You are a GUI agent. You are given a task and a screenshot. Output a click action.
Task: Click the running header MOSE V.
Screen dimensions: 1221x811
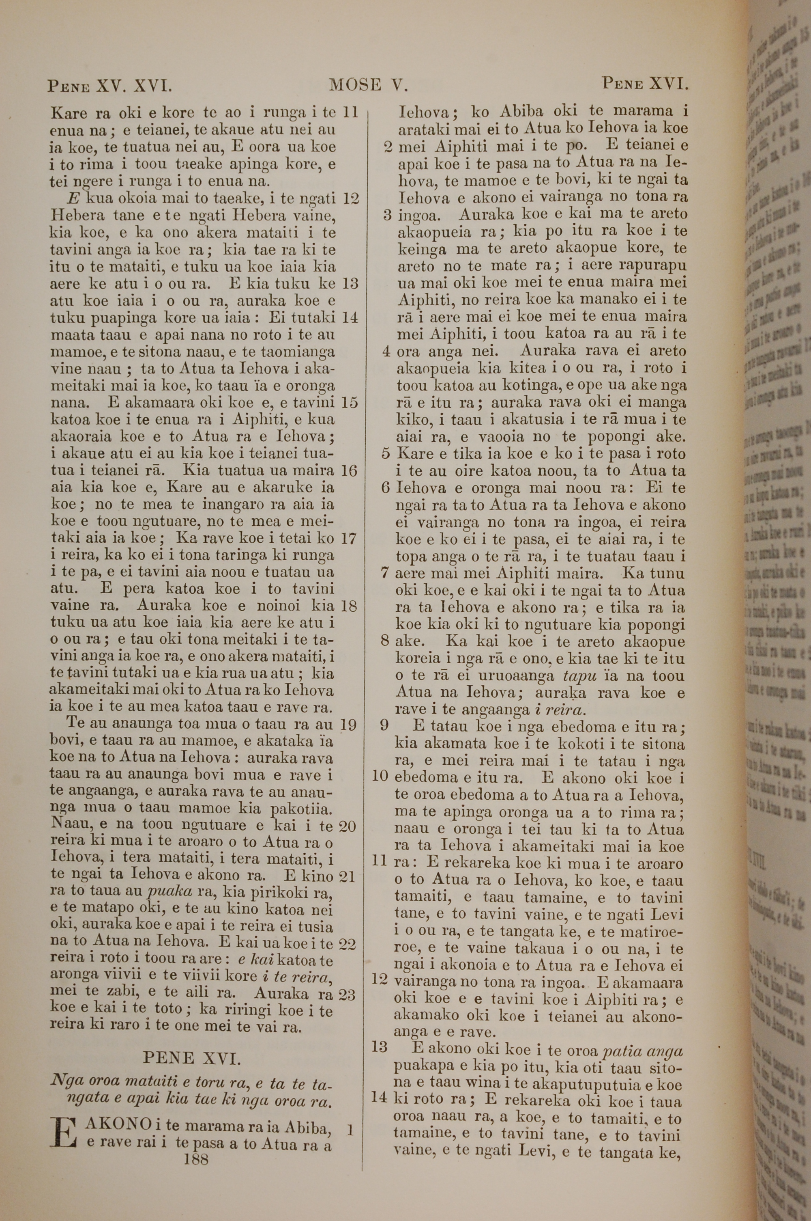pos(368,85)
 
